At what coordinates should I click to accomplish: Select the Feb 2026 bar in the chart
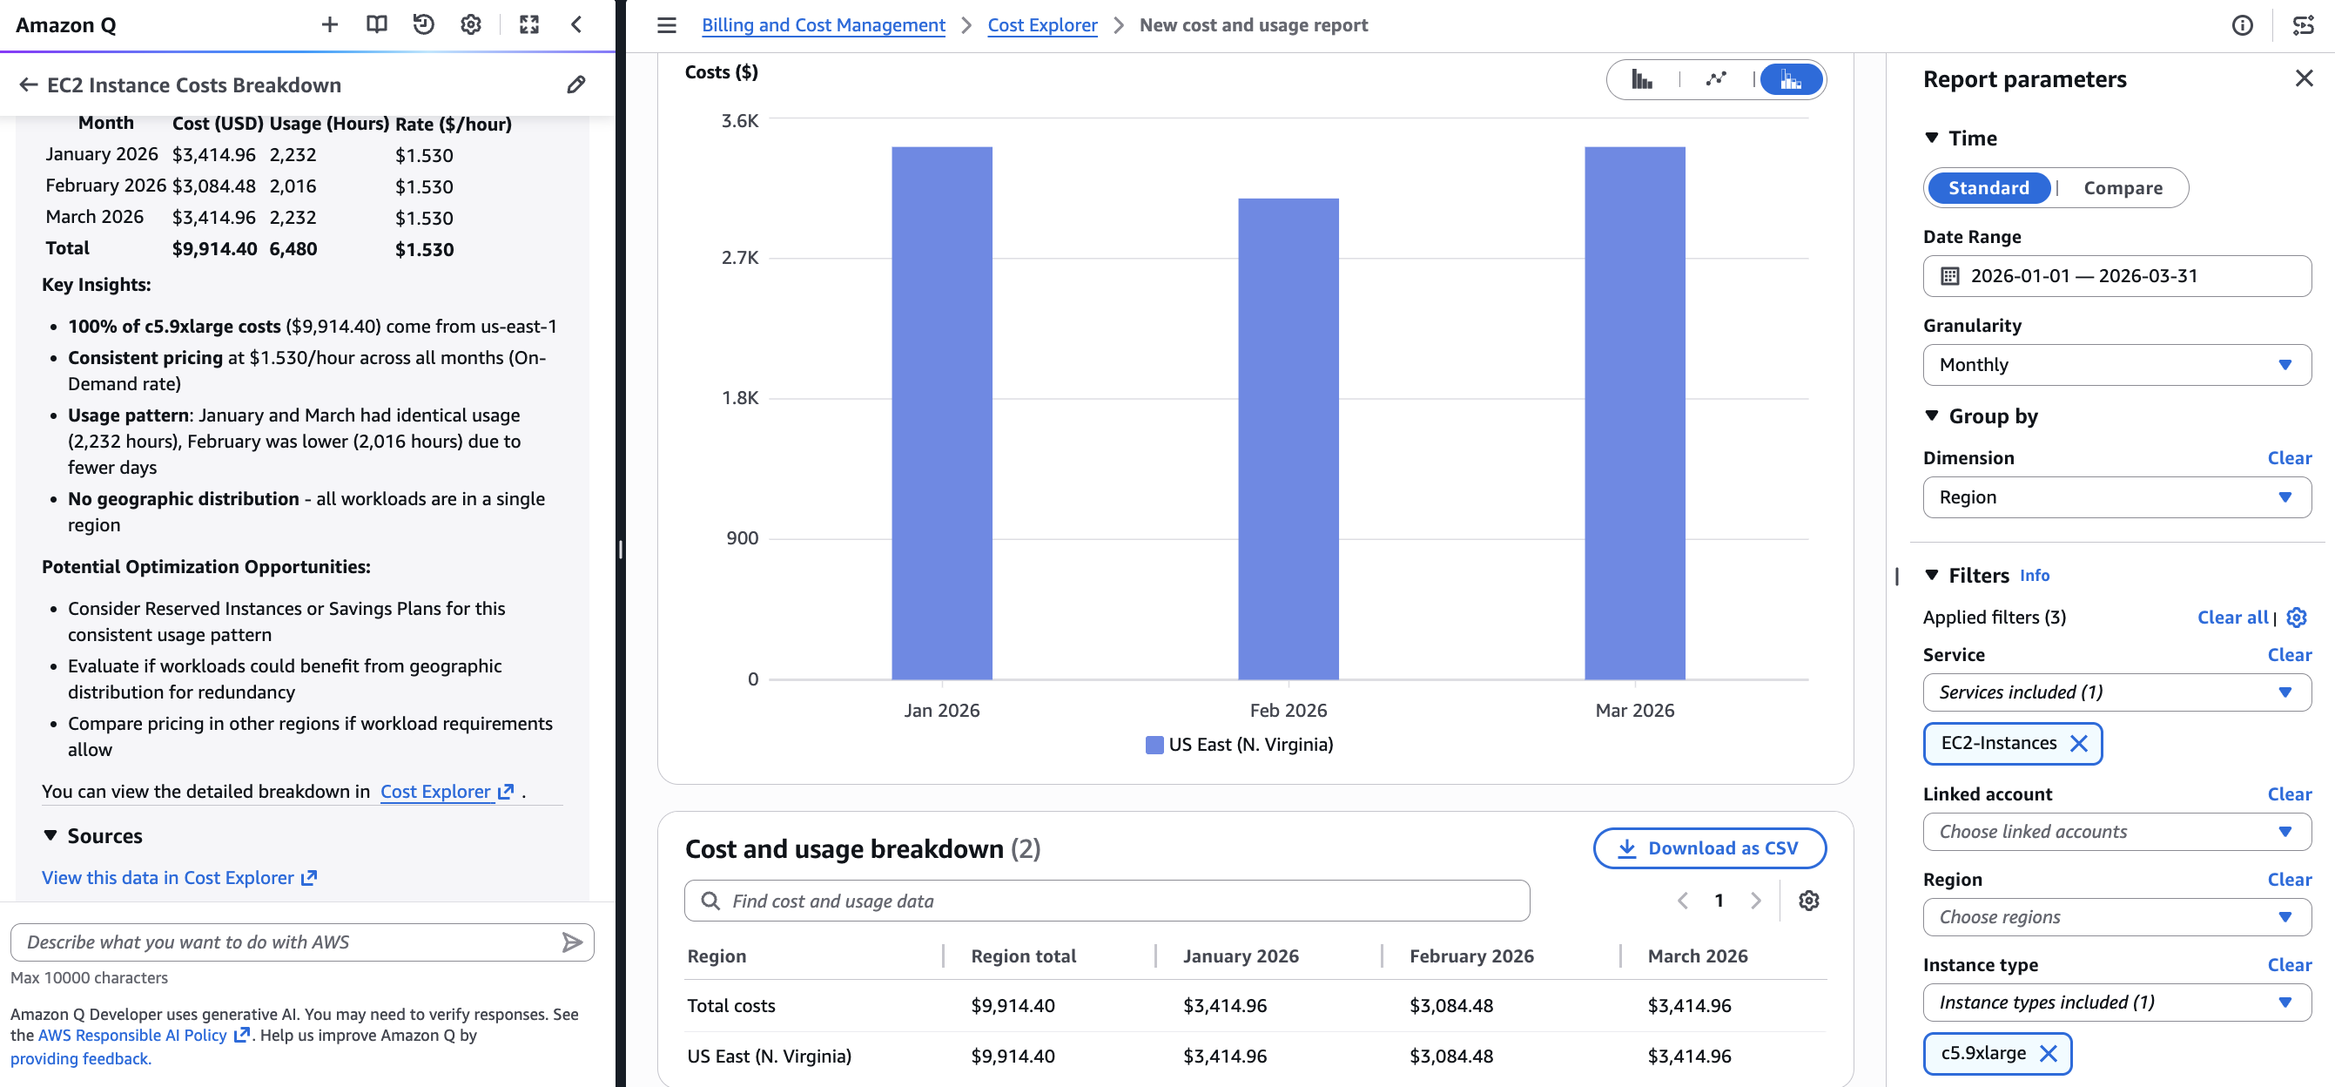(1288, 439)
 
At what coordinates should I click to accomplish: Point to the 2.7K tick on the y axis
(740, 259)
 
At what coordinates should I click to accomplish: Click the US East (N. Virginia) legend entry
(1239, 745)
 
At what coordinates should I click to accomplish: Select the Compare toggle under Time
(2122, 187)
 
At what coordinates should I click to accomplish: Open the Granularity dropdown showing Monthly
(2116, 364)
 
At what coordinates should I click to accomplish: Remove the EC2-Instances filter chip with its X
(2078, 744)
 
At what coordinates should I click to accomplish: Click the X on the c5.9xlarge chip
(2048, 1052)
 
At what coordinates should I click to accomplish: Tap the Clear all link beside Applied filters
(2231, 618)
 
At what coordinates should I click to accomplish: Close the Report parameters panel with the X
(2304, 79)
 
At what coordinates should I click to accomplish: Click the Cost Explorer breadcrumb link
(1041, 25)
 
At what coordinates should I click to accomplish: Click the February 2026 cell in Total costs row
(1450, 1005)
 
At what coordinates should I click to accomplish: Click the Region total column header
(1022, 955)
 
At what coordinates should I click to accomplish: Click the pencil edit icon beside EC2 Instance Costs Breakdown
(575, 85)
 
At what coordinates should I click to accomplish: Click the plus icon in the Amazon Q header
(330, 25)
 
